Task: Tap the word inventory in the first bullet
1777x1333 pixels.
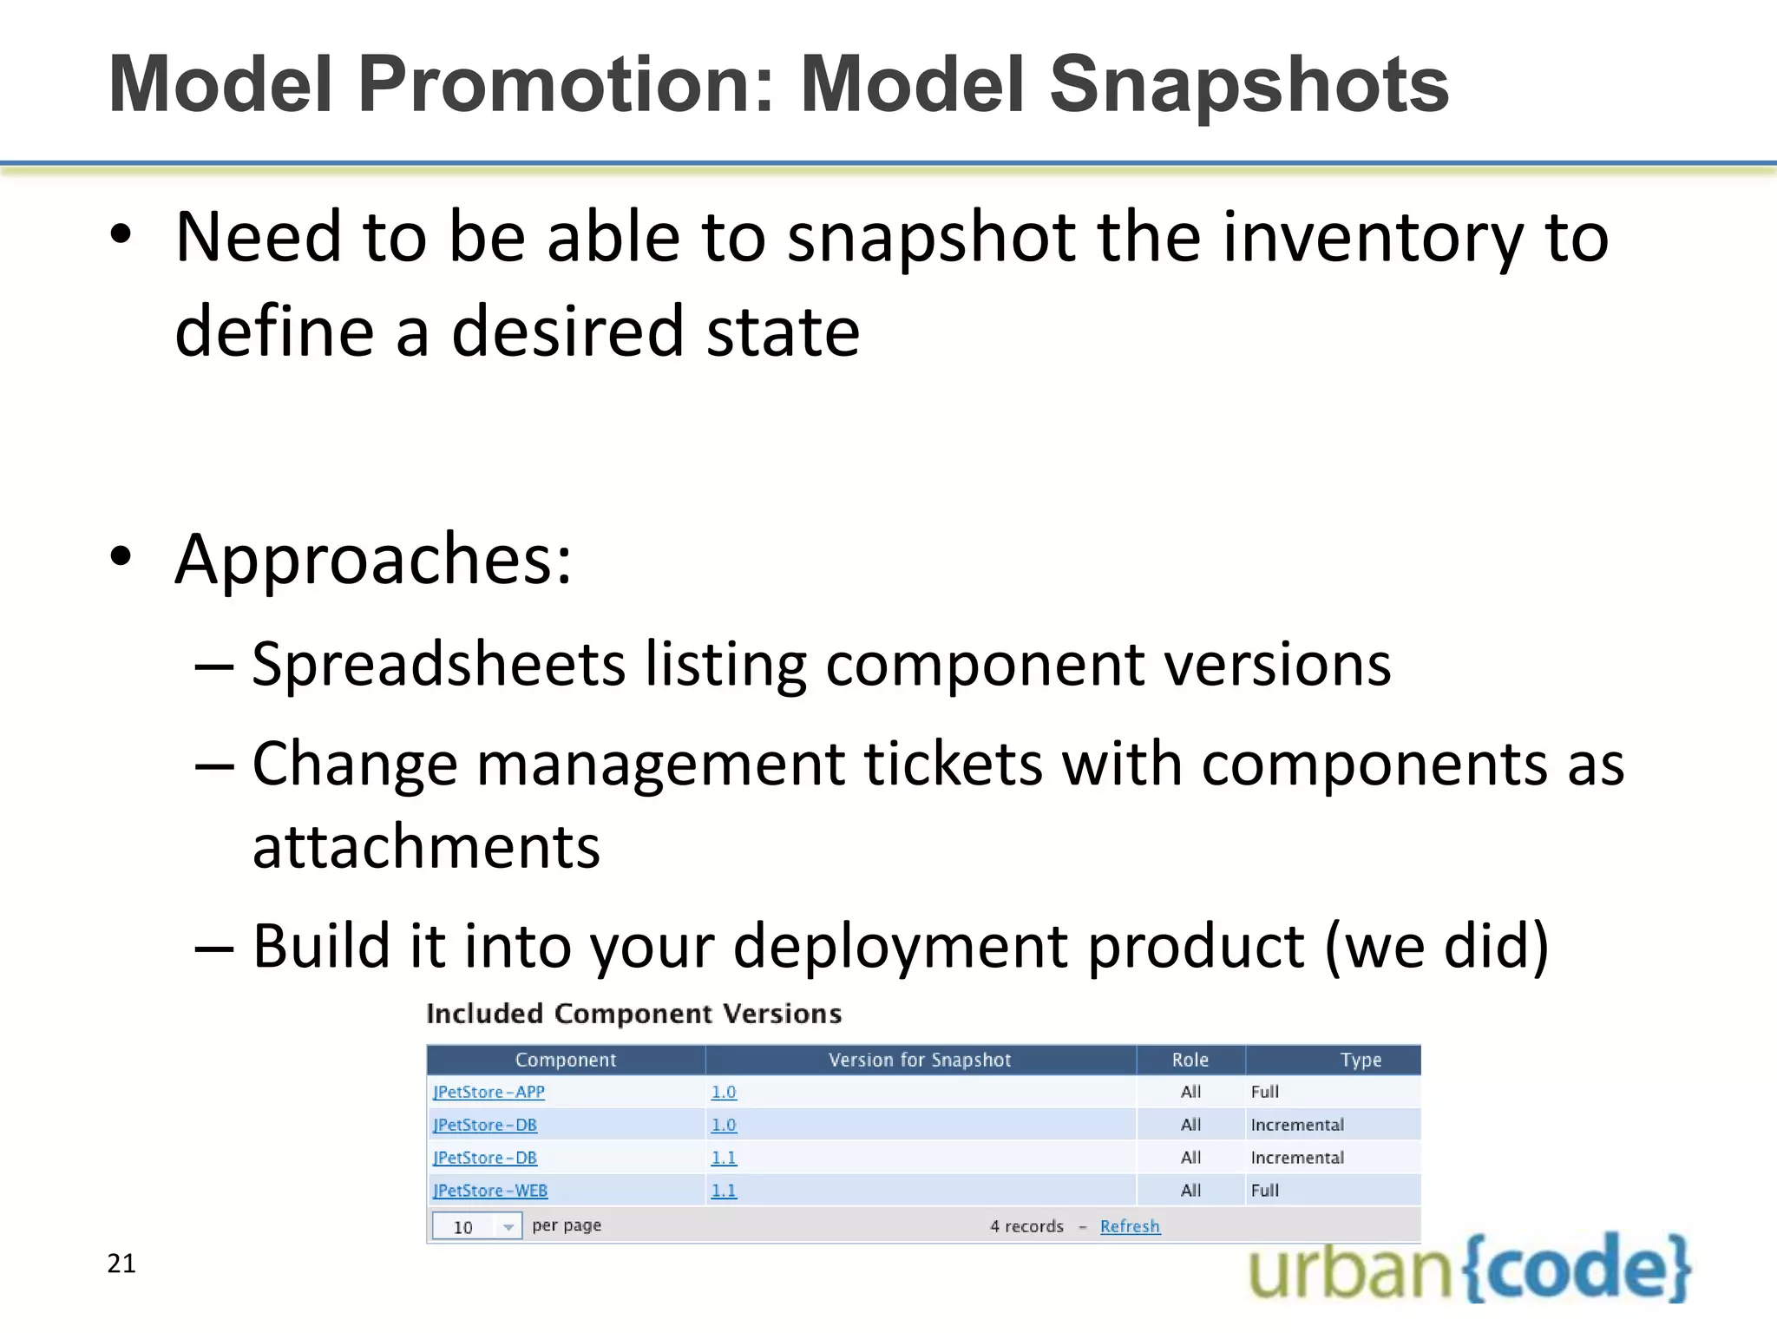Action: coord(1371,239)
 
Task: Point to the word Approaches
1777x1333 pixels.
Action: coord(373,560)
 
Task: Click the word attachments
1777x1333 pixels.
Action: coord(426,847)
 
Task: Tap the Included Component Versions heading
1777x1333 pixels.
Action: coord(633,1014)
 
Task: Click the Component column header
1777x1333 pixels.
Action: coord(565,1060)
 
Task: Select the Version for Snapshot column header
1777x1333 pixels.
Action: coord(920,1060)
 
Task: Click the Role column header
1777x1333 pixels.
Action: coord(1190,1060)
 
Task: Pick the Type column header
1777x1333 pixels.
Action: coord(1360,1060)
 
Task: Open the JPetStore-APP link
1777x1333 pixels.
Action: coord(489,1092)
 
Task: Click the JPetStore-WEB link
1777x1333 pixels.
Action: coord(490,1191)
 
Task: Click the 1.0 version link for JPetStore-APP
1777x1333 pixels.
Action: coord(724,1092)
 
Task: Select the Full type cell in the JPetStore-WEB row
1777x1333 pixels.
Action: coord(1264,1191)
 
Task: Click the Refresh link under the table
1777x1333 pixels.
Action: coord(1129,1226)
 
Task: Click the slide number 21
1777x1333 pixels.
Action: coord(121,1264)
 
